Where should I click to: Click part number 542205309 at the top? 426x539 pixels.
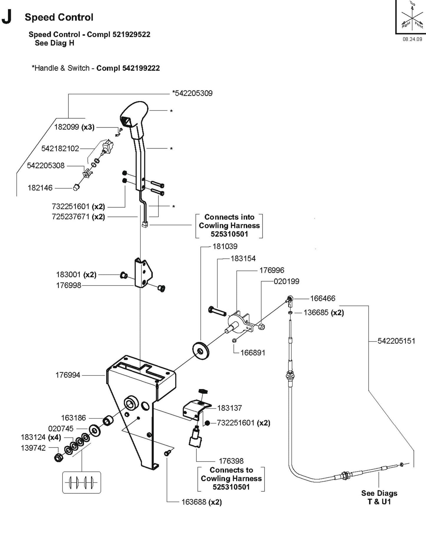click(192, 93)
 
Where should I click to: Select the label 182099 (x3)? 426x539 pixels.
click(74, 127)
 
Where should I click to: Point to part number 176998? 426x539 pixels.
click(68, 285)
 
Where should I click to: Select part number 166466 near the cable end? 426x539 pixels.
click(323, 299)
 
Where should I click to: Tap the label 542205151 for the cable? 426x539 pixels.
click(396, 341)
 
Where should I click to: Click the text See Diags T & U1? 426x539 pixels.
click(379, 497)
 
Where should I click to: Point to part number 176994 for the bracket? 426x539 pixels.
click(68, 375)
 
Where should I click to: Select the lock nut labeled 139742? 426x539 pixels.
click(59, 457)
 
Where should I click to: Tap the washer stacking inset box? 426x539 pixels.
click(82, 482)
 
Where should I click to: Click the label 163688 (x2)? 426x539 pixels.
click(201, 502)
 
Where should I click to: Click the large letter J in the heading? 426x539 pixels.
click(7, 18)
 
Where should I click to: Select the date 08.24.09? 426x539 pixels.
click(412, 39)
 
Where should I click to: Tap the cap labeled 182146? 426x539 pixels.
click(76, 187)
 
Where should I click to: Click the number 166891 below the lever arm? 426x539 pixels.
click(253, 353)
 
